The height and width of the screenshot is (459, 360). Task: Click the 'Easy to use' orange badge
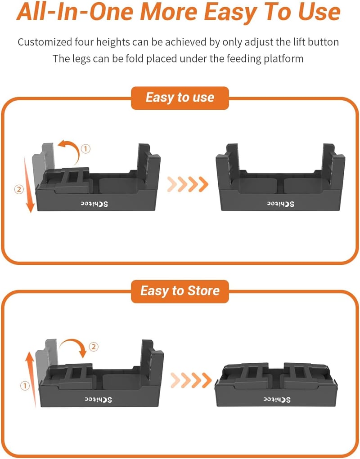click(180, 98)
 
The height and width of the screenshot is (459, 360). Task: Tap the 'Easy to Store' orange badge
click(180, 291)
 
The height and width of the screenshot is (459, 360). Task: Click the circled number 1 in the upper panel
click(85, 149)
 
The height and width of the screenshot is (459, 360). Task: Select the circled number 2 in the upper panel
click(19, 189)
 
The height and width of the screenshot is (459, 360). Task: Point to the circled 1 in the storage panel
click(25, 386)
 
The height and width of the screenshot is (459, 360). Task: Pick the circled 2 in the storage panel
click(94, 347)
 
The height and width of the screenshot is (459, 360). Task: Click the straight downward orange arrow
click(28, 184)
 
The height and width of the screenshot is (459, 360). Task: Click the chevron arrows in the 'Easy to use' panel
click(188, 184)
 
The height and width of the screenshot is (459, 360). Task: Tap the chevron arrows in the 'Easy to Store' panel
click(191, 380)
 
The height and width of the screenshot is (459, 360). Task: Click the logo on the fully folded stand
click(277, 400)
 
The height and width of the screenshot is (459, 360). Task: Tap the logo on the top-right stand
click(281, 204)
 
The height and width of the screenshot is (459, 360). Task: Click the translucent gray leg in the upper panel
click(43, 164)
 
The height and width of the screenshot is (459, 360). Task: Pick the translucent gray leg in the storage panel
click(46, 360)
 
